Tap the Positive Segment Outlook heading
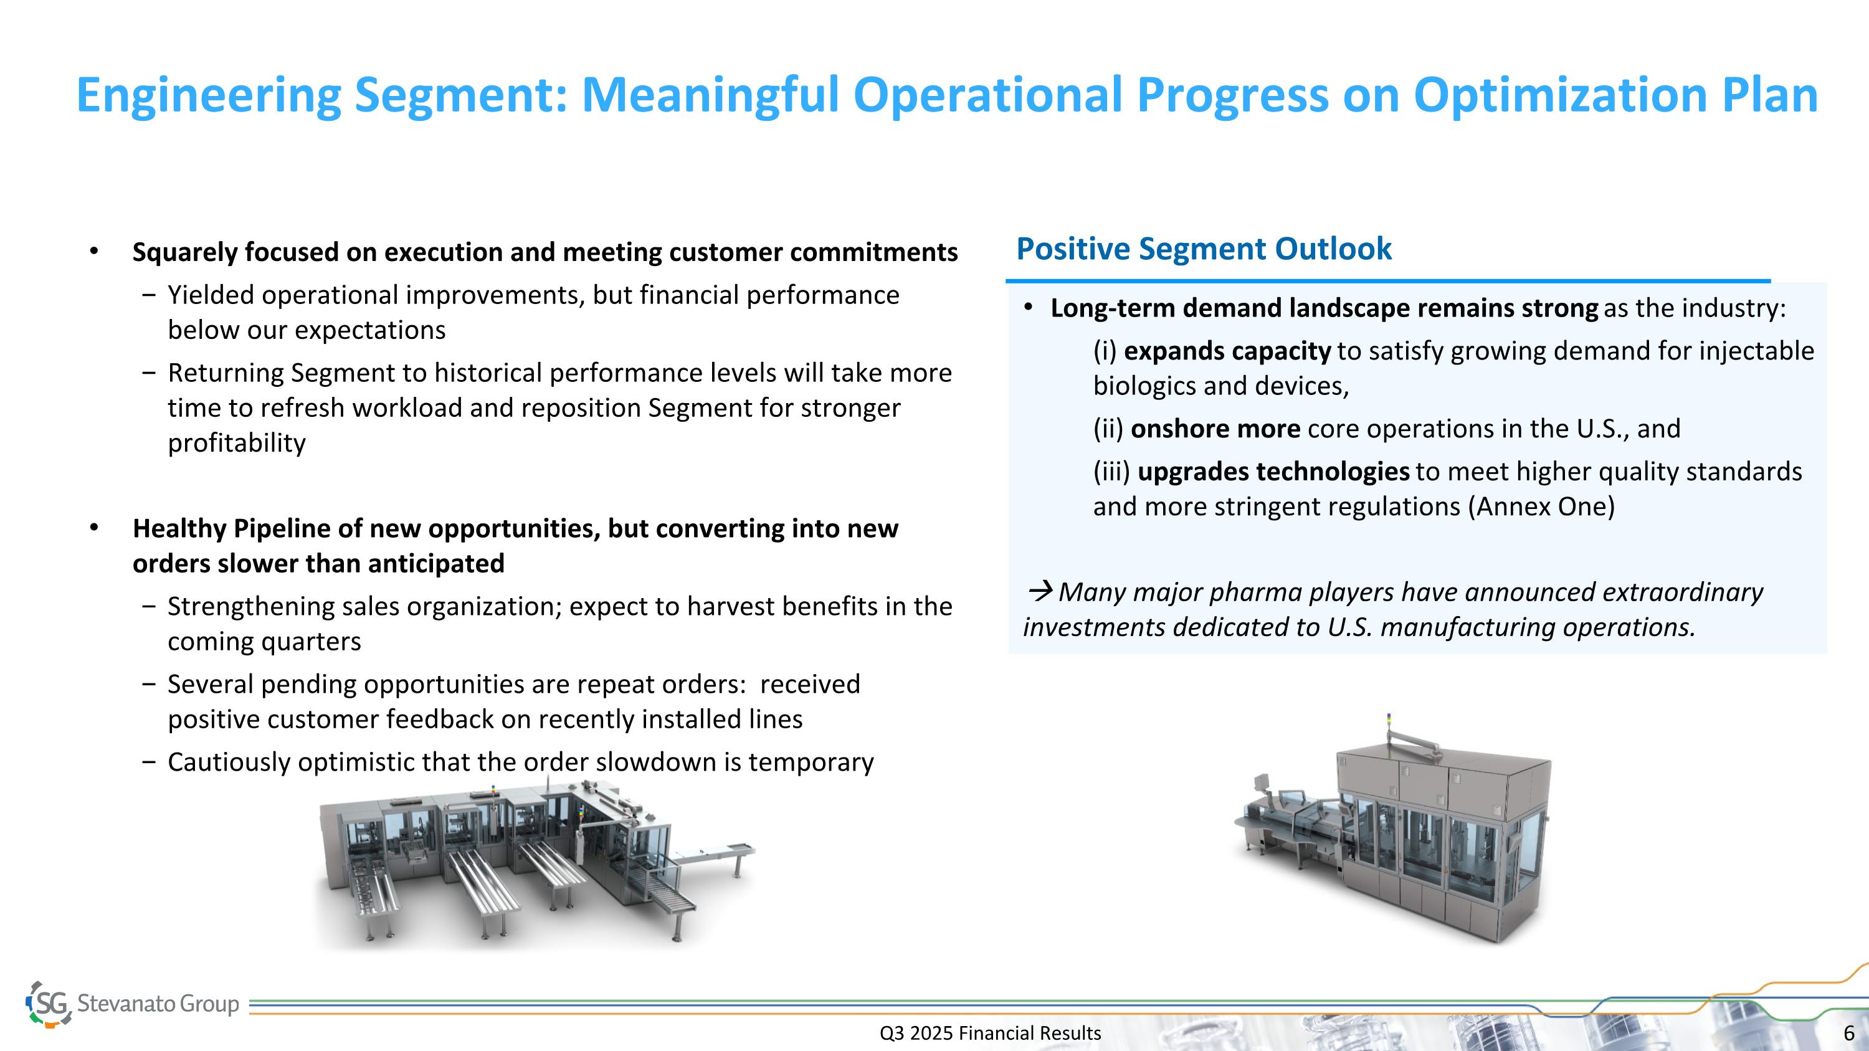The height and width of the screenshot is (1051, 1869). coord(1204,249)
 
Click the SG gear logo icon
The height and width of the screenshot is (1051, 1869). coord(49,1004)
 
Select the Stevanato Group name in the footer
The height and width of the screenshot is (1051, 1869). coord(158,1004)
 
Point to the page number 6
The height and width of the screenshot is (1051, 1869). coord(1848,1033)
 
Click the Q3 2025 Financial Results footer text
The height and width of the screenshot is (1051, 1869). coord(991,1033)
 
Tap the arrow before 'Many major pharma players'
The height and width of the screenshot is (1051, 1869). coord(1040,592)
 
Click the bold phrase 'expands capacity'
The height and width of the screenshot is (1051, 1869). coord(1227,351)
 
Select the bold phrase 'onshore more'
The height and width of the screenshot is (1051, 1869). coord(1215,429)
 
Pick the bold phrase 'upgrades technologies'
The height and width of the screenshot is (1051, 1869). coord(1273,472)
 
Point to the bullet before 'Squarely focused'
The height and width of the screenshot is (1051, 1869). coord(93,252)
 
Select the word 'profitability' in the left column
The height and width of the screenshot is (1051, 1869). coord(237,443)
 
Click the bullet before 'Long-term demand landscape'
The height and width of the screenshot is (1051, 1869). coord(1028,308)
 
